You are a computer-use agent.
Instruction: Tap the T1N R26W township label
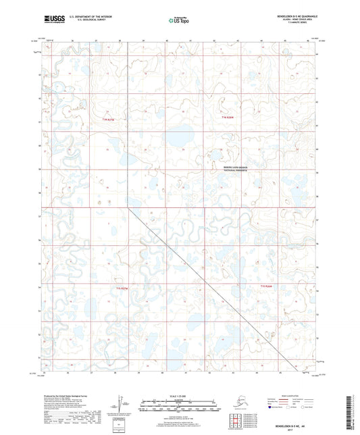230,118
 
